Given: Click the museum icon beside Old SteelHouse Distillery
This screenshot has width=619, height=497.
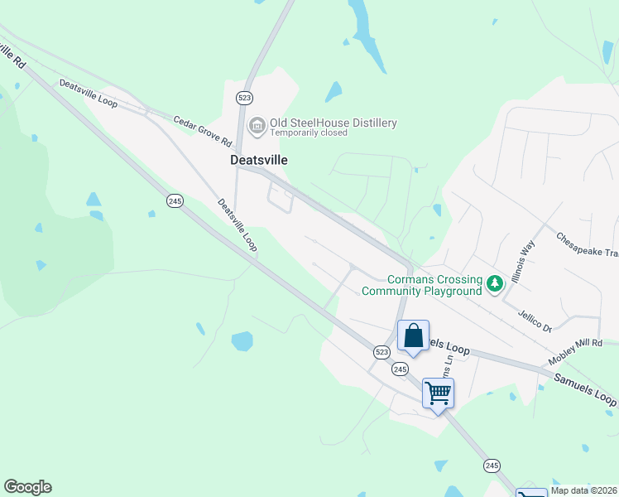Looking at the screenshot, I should pos(257,125).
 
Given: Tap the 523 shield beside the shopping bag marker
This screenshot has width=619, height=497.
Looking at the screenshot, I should pos(381,351).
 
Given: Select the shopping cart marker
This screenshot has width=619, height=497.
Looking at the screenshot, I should pos(438,392).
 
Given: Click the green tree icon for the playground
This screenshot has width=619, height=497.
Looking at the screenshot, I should pos(495,285).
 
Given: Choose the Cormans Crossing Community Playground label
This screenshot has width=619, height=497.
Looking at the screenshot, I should pos(422,285).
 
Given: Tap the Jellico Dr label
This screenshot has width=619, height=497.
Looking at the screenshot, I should pos(535,320).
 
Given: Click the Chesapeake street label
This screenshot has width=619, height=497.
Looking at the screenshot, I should pos(587,239).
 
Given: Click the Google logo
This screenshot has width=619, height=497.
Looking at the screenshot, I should pos(27,487).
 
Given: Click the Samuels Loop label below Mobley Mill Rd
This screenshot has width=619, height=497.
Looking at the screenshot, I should pos(584,388).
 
